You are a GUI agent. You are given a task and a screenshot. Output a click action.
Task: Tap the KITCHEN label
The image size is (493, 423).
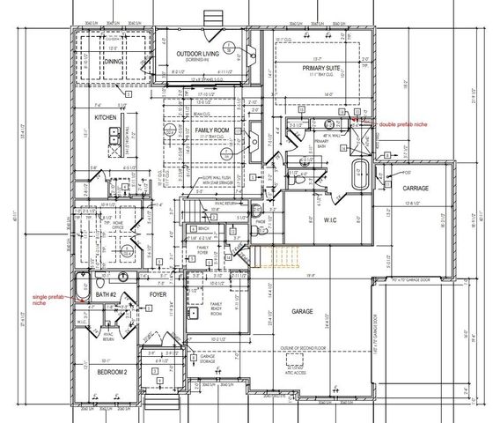click(x=107, y=116)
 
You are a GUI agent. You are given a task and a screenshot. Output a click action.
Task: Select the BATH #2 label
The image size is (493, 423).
click(x=107, y=293)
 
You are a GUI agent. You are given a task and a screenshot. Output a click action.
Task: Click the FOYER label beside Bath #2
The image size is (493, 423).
click(x=158, y=294)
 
